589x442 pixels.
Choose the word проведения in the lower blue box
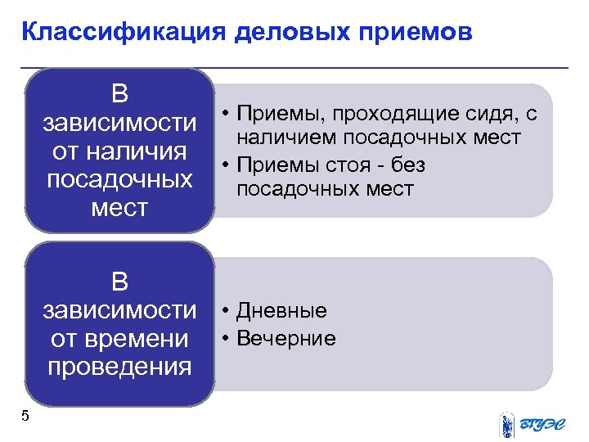tap(119, 366)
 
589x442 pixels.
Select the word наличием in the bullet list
tap(288, 137)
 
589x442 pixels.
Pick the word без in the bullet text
tap(407, 165)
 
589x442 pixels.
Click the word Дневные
tap(281, 310)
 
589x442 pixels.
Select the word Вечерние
tap(286, 338)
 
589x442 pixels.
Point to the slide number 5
tap(25, 416)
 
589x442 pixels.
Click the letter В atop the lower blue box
tap(119, 282)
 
